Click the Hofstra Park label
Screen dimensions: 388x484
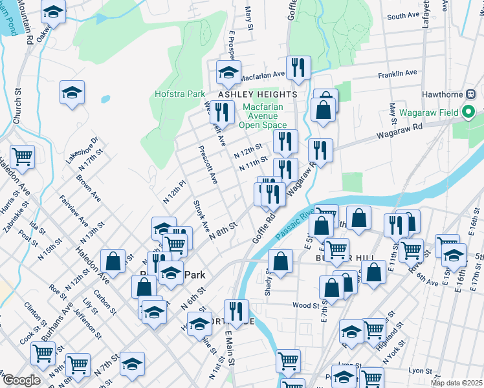(180, 94)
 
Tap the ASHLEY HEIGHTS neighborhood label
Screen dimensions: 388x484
(258, 94)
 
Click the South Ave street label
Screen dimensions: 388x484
(404, 16)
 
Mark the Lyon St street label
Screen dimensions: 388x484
(420, 371)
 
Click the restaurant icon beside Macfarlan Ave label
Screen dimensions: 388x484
(298, 68)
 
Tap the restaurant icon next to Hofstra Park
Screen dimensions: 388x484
(222, 111)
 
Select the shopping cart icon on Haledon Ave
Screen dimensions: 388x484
(22, 156)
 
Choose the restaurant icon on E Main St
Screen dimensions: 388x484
(236, 312)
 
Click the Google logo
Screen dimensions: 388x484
(21, 380)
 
